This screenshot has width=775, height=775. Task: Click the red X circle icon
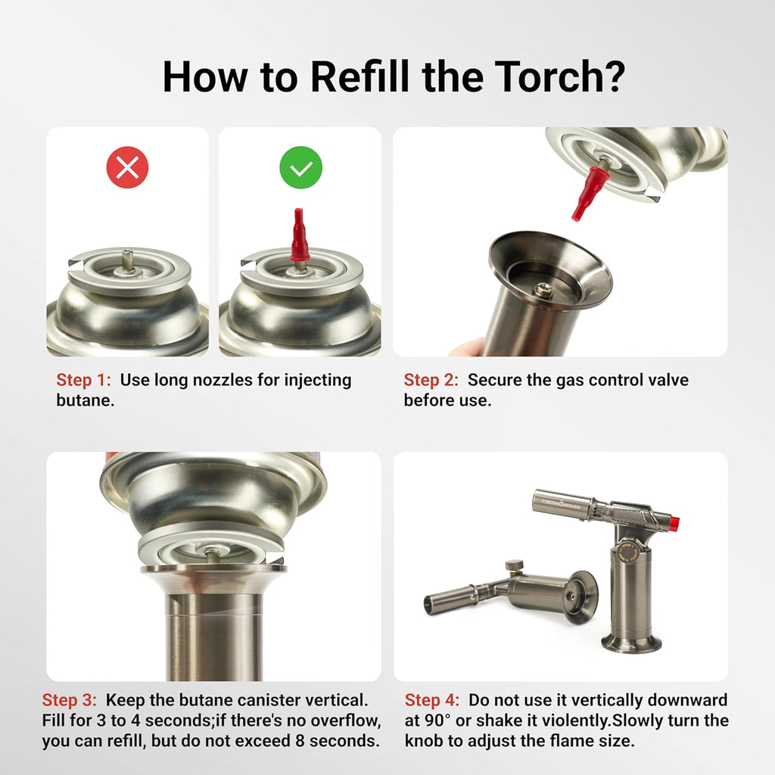tap(127, 167)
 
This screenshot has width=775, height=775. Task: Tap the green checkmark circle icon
tap(301, 167)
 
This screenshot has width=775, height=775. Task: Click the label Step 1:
tap(83, 380)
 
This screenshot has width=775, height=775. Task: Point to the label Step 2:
tap(431, 380)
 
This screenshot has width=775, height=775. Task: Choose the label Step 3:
tap(69, 700)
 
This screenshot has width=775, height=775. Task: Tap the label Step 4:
tap(432, 700)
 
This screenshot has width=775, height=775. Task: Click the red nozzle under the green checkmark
tap(299, 235)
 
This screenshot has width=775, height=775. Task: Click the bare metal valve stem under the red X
tap(127, 260)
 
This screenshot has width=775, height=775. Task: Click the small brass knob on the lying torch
tap(514, 565)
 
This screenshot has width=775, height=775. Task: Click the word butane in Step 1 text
tap(85, 400)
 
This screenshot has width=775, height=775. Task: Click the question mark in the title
tap(614, 76)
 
